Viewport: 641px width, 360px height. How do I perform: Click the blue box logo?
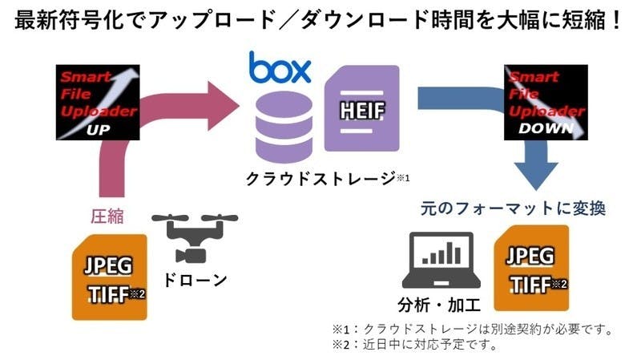pos(280,67)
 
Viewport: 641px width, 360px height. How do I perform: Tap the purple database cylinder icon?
pos(284,127)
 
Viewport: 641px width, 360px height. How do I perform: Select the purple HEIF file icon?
pos(362,108)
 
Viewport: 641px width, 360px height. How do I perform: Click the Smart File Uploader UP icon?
pos(98,103)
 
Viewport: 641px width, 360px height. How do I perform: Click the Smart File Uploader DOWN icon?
pos(546,103)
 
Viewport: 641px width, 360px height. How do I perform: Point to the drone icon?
pos(195,238)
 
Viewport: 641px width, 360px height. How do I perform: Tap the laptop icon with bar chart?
pos(441,261)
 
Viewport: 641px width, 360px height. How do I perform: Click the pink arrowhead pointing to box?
pos(223,106)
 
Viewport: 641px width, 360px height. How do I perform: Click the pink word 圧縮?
pos(107,216)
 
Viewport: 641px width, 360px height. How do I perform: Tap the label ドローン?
pos(195,280)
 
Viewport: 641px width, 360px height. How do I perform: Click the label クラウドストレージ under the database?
pos(320,179)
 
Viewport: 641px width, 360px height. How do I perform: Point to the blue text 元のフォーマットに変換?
pos(513,208)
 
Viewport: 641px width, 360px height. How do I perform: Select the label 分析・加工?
pos(439,305)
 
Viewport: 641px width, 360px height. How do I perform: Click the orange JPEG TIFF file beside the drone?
pos(110,277)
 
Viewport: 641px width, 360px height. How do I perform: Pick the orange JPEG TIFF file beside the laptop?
pos(531,268)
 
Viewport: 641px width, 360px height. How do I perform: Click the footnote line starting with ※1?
pos(473,329)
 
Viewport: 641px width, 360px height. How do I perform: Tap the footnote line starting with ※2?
pos(415,345)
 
